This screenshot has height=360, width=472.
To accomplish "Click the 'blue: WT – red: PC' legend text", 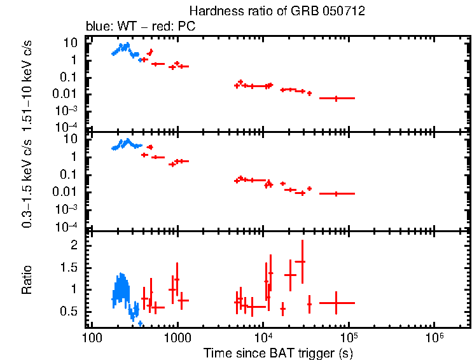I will tap(141, 27).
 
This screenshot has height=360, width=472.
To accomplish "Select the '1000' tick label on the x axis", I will tap(177, 337).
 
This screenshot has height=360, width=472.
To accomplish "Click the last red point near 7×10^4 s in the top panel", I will tap(337, 98).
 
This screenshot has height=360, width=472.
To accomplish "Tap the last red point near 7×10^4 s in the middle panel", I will tap(337, 193).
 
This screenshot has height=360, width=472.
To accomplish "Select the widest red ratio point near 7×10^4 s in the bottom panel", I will tap(337, 303).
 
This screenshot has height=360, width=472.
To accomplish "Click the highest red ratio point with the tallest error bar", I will tap(302, 261).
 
